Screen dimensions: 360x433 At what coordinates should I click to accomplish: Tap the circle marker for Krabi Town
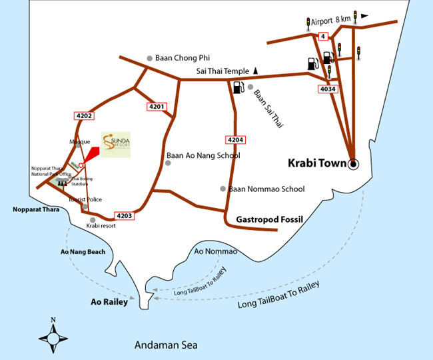coord(353,163)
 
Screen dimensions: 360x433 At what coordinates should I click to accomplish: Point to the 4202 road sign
coord(85,115)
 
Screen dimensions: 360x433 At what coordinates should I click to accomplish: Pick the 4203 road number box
coord(125,215)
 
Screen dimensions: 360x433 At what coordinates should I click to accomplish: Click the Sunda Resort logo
coord(116,144)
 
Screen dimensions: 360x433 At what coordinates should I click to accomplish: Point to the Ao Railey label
coord(109,301)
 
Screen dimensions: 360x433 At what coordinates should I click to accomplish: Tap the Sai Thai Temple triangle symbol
coord(255,70)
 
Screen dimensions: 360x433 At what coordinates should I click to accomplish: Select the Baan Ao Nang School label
coord(203,156)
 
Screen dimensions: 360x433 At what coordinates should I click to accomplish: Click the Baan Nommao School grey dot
coord(223,189)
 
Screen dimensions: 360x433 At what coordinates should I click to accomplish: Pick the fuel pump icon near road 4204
coord(238,87)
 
